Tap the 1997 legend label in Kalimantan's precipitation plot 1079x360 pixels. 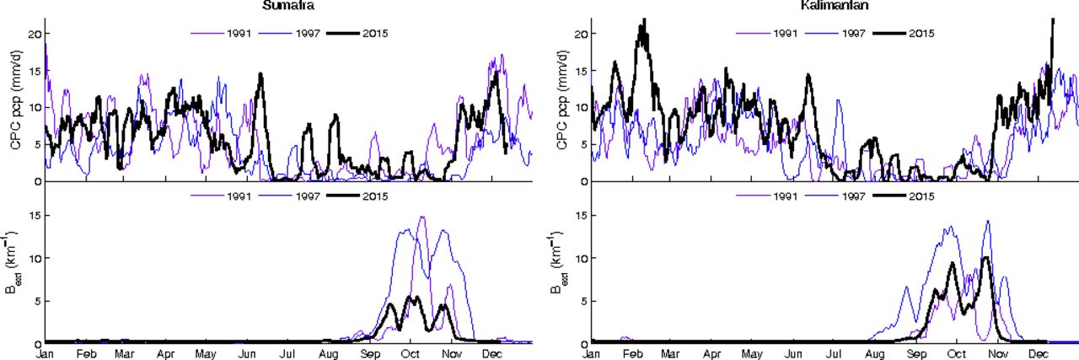(853, 34)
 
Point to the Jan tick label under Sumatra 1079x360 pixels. (45, 352)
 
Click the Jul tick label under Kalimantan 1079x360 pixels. (835, 352)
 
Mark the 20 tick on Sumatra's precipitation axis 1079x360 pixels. (35, 34)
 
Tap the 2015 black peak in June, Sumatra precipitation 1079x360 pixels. (261, 74)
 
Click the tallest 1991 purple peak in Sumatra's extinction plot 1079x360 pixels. (421, 218)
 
